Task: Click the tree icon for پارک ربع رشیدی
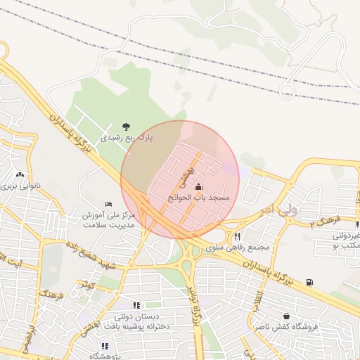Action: tap(126, 127)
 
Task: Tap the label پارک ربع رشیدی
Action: tap(126, 139)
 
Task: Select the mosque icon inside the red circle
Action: tap(198, 186)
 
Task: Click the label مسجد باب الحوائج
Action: tap(199, 198)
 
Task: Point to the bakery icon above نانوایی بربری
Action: tap(20, 175)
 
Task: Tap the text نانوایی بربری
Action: tap(21, 187)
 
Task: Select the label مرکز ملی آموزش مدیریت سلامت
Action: tap(108, 220)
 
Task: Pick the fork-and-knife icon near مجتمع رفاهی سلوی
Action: tap(238, 236)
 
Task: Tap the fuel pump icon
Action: tap(310, 283)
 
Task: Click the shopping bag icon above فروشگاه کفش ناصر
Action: tap(286, 316)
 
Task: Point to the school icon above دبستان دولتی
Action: tap(137, 305)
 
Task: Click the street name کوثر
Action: tap(86, 285)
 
